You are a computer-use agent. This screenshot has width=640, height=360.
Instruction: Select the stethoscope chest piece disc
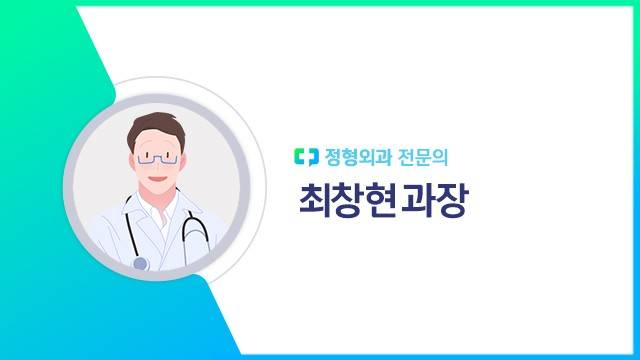[x=140, y=263]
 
